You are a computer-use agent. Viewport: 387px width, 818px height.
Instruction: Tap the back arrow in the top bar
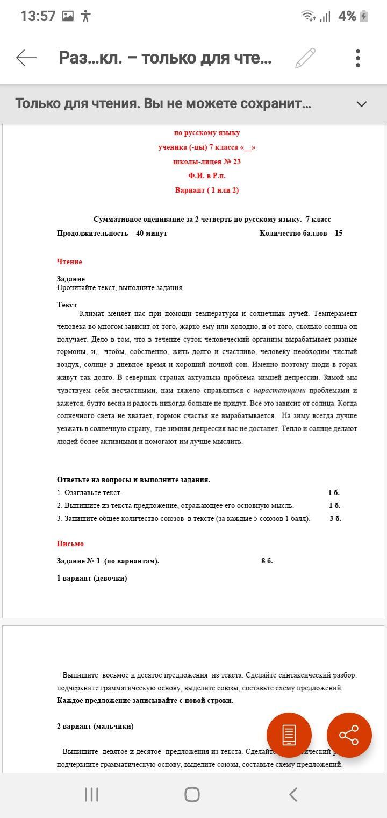click(26, 58)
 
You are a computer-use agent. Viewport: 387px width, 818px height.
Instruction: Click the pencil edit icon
click(305, 58)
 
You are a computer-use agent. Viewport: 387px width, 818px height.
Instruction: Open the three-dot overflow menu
click(358, 58)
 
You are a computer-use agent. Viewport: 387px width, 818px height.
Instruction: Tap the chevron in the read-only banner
click(362, 104)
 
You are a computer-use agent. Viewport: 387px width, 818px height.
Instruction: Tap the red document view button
click(289, 735)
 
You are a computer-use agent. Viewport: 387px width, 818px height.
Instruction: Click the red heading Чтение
click(69, 262)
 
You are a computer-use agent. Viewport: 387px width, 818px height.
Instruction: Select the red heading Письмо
click(70, 544)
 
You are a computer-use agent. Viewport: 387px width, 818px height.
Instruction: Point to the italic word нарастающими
click(279, 391)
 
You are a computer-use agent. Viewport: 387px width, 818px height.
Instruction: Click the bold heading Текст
click(67, 305)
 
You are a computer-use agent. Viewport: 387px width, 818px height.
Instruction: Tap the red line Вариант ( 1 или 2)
click(207, 190)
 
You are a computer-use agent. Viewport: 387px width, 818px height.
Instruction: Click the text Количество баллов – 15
click(301, 234)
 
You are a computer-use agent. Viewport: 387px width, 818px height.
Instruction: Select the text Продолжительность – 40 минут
click(112, 234)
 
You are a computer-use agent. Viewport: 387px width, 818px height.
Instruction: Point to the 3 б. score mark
click(335, 519)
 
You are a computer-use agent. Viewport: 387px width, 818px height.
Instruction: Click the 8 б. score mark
click(267, 561)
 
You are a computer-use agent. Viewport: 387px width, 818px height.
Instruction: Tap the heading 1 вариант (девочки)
click(92, 579)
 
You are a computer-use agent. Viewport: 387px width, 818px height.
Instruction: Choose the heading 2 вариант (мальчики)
click(95, 727)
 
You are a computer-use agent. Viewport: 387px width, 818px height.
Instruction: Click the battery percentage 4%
click(347, 16)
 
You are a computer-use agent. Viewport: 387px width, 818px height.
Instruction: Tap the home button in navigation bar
click(192, 794)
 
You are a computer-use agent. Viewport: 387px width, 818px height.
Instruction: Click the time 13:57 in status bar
click(38, 16)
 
